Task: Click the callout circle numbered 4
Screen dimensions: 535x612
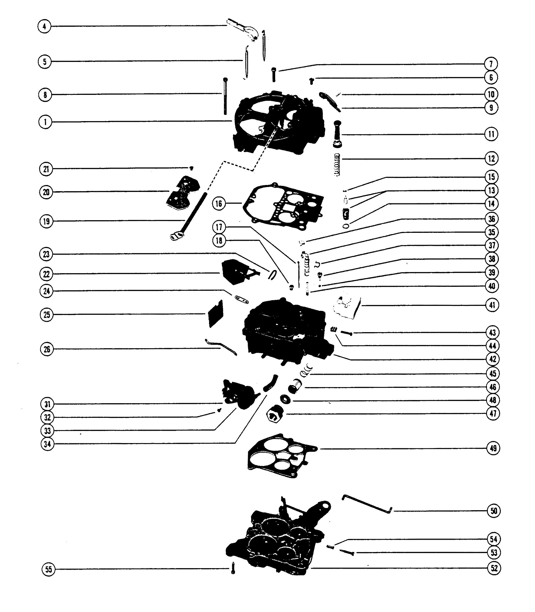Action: pos(45,26)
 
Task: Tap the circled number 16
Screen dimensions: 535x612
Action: pos(219,204)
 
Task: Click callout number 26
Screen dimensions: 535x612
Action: pos(47,349)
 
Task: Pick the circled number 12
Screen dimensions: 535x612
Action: pos(491,158)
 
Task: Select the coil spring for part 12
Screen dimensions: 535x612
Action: pos(337,164)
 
